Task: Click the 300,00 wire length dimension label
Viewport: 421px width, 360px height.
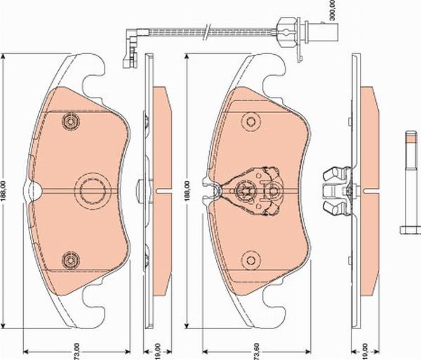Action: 332,10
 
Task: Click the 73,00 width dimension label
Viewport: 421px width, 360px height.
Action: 76,351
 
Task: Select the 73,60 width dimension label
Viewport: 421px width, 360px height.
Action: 257,351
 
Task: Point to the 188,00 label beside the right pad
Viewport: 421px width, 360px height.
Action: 187,191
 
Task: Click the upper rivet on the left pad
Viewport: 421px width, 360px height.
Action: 70,122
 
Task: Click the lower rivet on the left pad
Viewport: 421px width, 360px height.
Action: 70,260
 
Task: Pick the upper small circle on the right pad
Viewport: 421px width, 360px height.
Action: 250,122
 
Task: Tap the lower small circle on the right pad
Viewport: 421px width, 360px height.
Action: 250,260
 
